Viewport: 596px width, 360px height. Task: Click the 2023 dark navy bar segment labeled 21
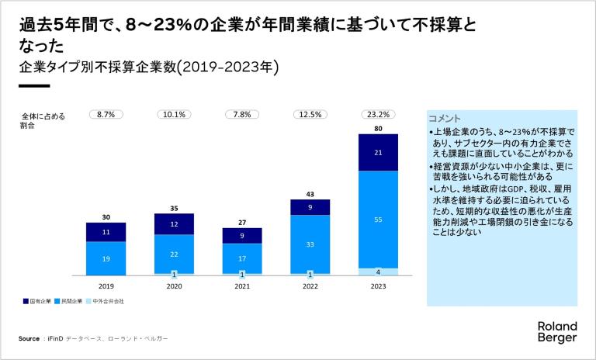[x=378, y=153]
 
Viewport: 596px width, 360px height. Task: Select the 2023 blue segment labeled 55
[x=378, y=220]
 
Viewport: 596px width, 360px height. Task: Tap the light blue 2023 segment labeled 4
[x=378, y=272]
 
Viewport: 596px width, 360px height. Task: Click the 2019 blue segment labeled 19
[x=106, y=258]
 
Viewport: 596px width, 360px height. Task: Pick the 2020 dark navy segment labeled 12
[x=174, y=224]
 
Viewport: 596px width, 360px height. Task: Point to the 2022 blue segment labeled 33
[x=310, y=244]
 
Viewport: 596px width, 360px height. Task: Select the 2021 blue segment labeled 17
[x=242, y=258]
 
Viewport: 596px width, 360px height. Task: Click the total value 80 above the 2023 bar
[x=378, y=128]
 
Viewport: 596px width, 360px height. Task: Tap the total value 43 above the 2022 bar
[x=310, y=193]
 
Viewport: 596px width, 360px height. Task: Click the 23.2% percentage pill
[x=378, y=114]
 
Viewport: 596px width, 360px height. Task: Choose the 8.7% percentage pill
[x=106, y=114]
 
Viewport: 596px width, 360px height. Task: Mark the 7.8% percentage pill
[x=242, y=114]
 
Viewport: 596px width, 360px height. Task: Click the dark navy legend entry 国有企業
[x=39, y=300]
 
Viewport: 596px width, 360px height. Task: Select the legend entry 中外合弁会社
[x=108, y=300]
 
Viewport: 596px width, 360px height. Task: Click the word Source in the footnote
[x=29, y=339]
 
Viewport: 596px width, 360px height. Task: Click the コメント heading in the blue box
[x=445, y=118]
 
